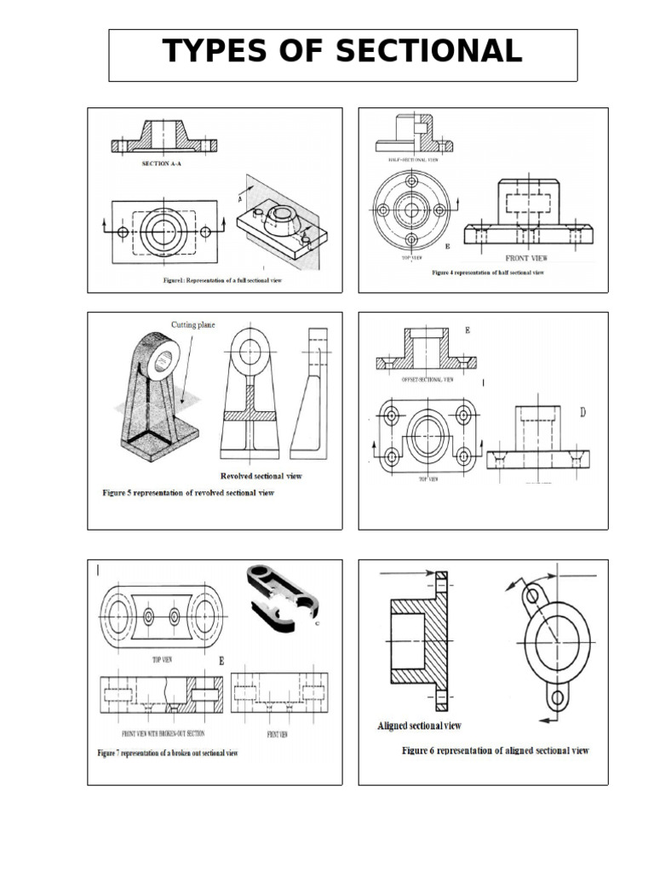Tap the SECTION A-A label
[x=161, y=164]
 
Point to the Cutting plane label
[x=194, y=324]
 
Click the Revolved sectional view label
[x=261, y=476]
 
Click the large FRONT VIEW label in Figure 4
[x=528, y=257]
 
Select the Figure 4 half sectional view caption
[x=487, y=272]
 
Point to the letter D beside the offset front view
[x=583, y=414]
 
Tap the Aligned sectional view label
[x=419, y=726]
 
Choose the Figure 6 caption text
[x=495, y=751]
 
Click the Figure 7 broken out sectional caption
[x=167, y=754]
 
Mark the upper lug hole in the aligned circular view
[x=532, y=596]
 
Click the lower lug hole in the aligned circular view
[x=557, y=697]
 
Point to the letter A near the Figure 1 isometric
[x=240, y=198]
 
